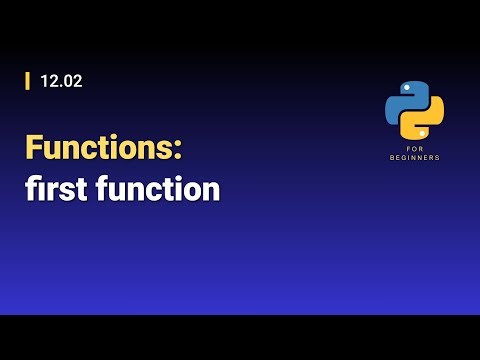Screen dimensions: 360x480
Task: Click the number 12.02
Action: pos(61,82)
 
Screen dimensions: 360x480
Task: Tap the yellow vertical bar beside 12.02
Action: pos(27,82)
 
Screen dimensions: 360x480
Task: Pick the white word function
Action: pos(158,188)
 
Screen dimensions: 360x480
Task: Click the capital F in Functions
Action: pos(34,148)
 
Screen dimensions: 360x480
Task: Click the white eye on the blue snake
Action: pos(405,87)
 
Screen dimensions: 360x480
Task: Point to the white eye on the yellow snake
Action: pos(424,132)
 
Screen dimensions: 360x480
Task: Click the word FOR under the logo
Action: pos(414,149)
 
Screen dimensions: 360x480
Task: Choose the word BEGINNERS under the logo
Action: pos(414,158)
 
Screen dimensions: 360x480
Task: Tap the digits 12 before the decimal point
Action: pos(48,82)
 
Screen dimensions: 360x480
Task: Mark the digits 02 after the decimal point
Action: pos(72,82)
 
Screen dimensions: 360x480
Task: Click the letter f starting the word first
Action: pos(31,188)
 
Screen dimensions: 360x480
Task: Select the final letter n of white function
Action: pos(210,189)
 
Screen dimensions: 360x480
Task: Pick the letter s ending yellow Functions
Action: pos(167,149)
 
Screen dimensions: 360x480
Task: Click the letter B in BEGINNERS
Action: pos(392,158)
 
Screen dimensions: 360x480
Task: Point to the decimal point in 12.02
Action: pos(59,87)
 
